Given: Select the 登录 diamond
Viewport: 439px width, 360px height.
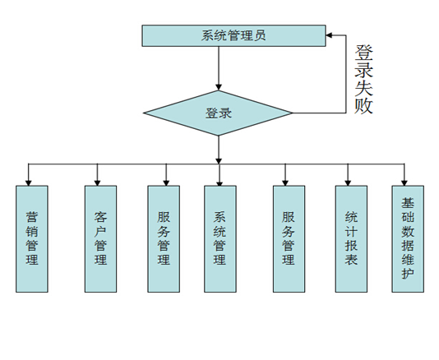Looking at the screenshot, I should pyautogui.click(x=218, y=113).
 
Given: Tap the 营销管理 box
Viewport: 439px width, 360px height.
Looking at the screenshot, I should pyautogui.click(x=31, y=238).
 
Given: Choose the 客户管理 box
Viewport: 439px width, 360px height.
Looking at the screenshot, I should pyautogui.click(x=100, y=238).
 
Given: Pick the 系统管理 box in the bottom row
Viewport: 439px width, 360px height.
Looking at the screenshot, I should pyautogui.click(x=219, y=238).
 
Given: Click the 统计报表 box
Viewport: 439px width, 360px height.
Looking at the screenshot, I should pyautogui.click(x=351, y=238).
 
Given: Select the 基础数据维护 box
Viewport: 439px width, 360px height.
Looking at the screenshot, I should pyautogui.click(x=408, y=238).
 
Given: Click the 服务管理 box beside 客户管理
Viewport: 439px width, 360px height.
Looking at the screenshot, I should pyautogui.click(x=164, y=238).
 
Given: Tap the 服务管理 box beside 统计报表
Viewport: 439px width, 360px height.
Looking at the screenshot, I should pyautogui.click(x=289, y=238).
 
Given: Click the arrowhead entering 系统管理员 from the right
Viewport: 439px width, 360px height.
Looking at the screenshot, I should pyautogui.click(x=330, y=35).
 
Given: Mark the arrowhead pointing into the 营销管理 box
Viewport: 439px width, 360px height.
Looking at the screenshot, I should pyautogui.click(x=29, y=181).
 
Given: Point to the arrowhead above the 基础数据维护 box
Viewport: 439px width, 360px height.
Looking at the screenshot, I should pyautogui.click(x=404, y=181).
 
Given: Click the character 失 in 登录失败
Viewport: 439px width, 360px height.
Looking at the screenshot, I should pyautogui.click(x=363, y=87).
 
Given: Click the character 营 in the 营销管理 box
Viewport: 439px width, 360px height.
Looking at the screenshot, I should pyautogui.click(x=31, y=218).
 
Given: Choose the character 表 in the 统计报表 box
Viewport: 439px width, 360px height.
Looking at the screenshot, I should pyautogui.click(x=351, y=260).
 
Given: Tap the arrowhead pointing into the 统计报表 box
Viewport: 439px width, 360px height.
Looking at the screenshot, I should pyautogui.click(x=351, y=181).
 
